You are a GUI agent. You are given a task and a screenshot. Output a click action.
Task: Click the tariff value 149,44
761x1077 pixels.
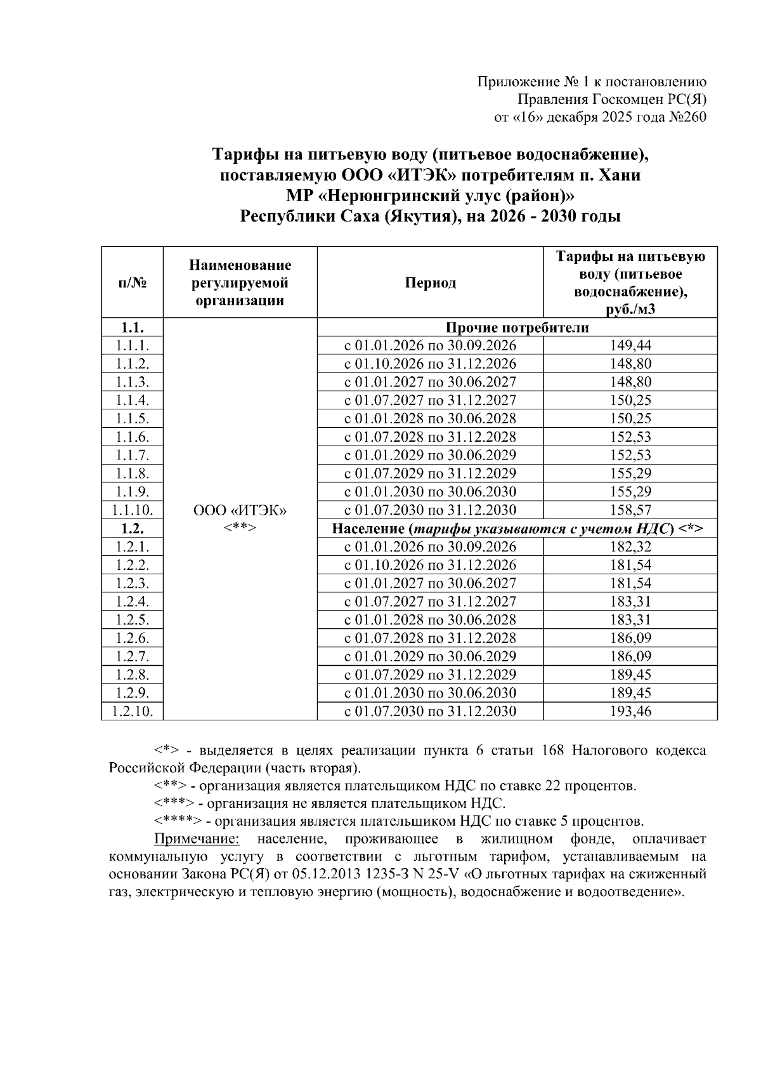[x=630, y=346]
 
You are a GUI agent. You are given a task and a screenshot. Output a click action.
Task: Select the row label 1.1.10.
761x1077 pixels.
[x=132, y=510]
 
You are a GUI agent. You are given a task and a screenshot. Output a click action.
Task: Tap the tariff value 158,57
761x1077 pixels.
[x=630, y=510]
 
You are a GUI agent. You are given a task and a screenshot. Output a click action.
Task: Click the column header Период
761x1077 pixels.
[x=430, y=283]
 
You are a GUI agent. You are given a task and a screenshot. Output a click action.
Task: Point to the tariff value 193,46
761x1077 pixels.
[x=630, y=711]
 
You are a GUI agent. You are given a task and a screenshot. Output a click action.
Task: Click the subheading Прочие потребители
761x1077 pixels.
[x=517, y=327]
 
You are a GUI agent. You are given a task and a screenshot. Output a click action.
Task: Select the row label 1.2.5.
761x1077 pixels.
[x=132, y=620]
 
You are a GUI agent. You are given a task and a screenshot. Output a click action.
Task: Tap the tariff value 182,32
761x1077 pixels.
[x=630, y=547]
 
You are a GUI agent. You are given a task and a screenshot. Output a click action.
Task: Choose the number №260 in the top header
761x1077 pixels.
[x=687, y=117]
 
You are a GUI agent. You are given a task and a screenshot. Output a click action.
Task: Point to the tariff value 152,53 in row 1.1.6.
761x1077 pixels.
[x=630, y=437]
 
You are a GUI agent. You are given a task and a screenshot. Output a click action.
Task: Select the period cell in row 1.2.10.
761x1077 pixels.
[x=430, y=711]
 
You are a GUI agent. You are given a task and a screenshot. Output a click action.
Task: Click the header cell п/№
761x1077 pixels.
[x=132, y=283]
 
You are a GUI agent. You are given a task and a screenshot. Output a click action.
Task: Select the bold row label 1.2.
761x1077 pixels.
[x=132, y=529]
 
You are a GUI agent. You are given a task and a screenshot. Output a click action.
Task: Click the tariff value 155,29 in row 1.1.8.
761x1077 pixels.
[x=630, y=473]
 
